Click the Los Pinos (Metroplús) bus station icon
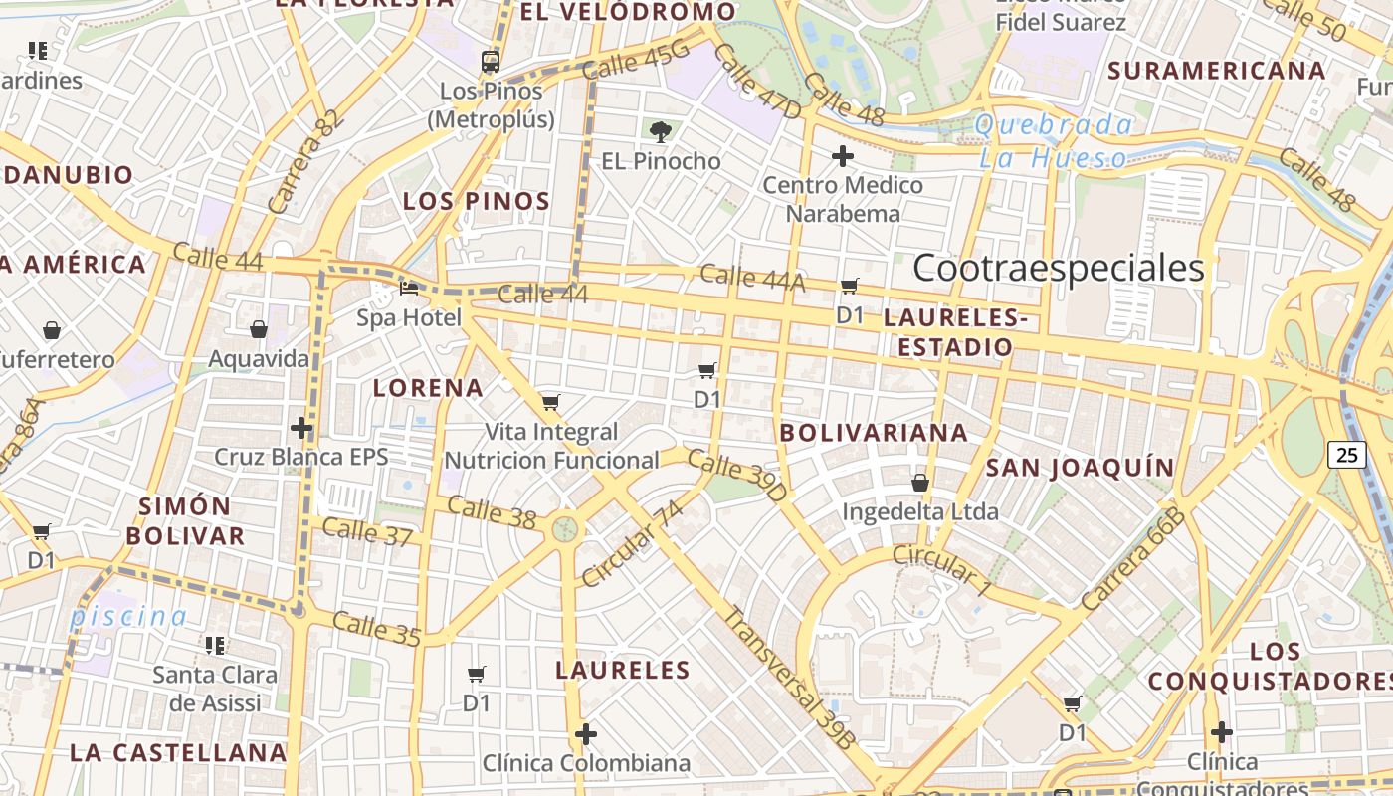[x=491, y=62]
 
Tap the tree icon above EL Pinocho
[x=661, y=131]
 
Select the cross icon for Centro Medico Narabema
[x=843, y=156]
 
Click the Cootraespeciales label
[x=1058, y=268]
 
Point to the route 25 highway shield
[x=1346, y=455]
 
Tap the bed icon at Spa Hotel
[x=409, y=289]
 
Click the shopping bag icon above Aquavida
[x=259, y=329]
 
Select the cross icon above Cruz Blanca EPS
[x=301, y=428]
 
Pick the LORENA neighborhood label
[x=428, y=388]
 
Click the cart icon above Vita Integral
[x=550, y=403]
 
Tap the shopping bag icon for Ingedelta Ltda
[x=920, y=483]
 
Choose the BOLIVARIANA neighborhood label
[x=874, y=433]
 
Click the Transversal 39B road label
[x=788, y=677]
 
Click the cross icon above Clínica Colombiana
[x=586, y=735]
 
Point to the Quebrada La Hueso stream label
[x=1054, y=141]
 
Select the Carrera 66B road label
[x=1134, y=559]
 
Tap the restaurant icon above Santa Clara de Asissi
[x=215, y=646]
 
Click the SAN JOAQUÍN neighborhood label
[x=1080, y=468]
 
